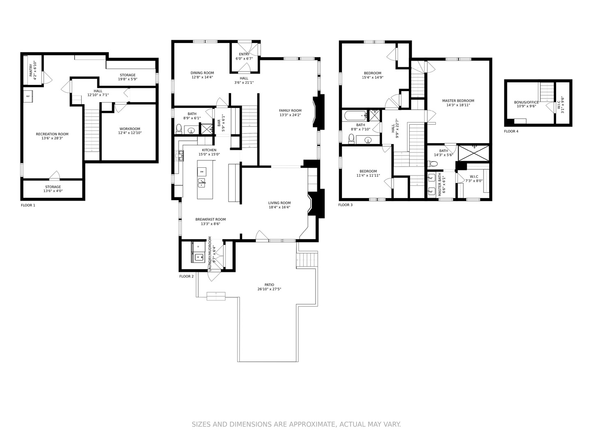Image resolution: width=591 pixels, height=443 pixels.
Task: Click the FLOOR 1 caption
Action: coord(28,205)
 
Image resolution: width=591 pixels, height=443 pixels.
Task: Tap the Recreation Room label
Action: coord(52,134)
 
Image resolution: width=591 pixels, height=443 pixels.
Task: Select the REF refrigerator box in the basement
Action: coord(28,96)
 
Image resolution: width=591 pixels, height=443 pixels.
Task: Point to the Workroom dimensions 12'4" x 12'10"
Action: coord(130,133)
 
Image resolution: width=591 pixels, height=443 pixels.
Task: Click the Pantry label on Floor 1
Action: coord(31,69)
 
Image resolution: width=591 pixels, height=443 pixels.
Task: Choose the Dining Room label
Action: coord(202,73)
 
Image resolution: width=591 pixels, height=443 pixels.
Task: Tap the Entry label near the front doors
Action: coord(244,54)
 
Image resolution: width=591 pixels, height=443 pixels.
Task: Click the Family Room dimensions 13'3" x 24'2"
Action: coord(290,115)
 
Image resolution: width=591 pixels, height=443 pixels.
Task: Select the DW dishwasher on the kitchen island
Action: coord(202,171)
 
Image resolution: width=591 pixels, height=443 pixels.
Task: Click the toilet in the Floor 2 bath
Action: coord(179,129)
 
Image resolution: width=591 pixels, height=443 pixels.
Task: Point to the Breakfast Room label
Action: coord(211,219)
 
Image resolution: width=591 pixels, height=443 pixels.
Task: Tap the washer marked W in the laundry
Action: coord(199,257)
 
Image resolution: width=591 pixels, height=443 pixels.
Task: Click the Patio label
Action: coord(269,285)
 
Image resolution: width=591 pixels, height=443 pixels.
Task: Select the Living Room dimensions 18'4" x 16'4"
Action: coord(279,208)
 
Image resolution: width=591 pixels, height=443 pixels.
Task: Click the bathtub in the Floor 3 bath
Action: coord(356,116)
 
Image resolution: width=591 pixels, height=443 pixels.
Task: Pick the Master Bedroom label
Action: coord(458,101)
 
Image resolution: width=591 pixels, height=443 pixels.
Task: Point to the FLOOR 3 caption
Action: coord(346,205)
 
